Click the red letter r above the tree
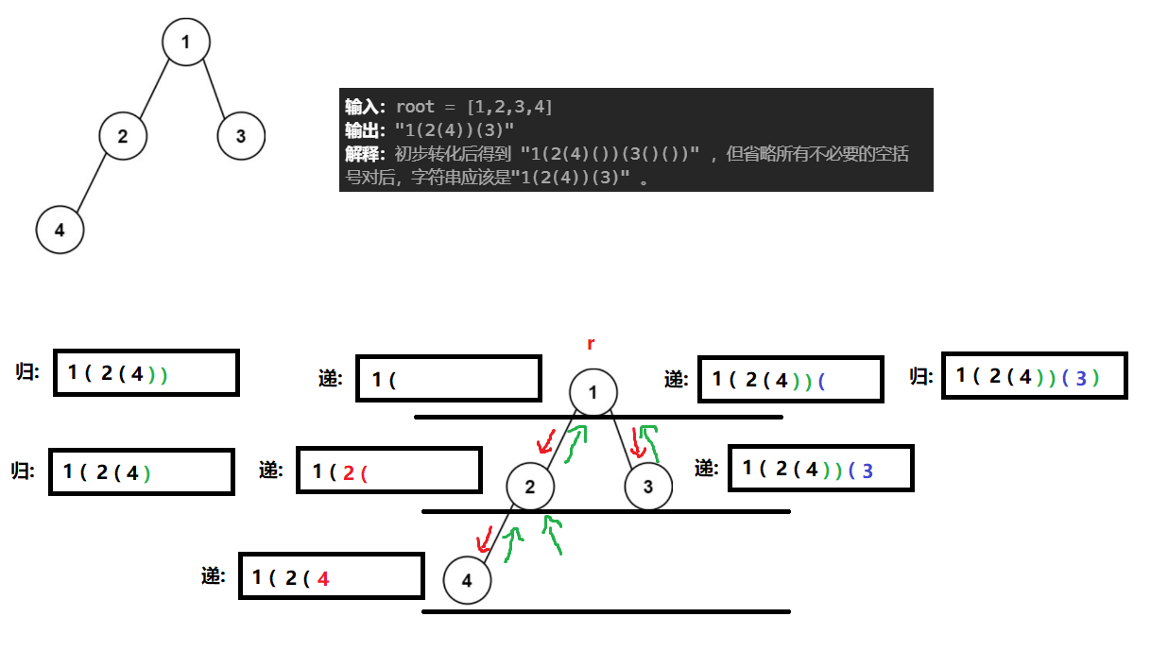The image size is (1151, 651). pyautogui.click(x=592, y=344)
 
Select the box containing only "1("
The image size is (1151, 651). pyautogui.click(x=448, y=379)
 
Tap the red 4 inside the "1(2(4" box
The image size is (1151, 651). pyautogui.click(x=323, y=578)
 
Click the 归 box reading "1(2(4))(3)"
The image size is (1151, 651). pyautogui.click(x=1034, y=376)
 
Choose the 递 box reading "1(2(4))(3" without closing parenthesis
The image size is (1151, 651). pyautogui.click(x=820, y=469)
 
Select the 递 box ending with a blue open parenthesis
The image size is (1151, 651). pyautogui.click(x=790, y=380)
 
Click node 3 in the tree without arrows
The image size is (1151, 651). pyautogui.click(x=241, y=136)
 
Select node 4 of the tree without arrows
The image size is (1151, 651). pyautogui.click(x=60, y=230)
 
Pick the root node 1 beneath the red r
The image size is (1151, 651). pyautogui.click(x=593, y=392)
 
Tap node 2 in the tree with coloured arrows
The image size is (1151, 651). pyautogui.click(x=530, y=488)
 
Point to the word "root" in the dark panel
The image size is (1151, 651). pyautogui.click(x=415, y=107)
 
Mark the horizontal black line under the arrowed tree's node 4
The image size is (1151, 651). pyautogui.click(x=605, y=611)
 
